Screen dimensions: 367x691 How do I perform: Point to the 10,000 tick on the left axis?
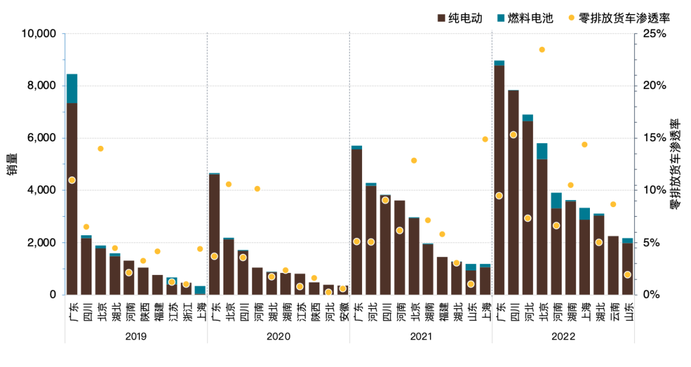point(38,33)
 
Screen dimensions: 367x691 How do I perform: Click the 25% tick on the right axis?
point(654,33)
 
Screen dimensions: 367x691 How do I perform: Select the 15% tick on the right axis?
point(654,138)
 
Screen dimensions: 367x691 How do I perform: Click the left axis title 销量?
point(12,164)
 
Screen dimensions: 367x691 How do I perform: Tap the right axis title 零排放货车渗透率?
point(674,164)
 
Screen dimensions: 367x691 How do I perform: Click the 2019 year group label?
point(136,337)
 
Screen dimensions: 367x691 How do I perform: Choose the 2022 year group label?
point(563,337)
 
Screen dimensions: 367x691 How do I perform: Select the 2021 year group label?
point(420,337)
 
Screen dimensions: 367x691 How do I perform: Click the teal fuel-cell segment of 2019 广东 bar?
point(72,88)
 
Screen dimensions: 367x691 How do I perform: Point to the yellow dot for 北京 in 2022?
point(542,49)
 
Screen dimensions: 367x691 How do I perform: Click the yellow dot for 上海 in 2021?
point(485,139)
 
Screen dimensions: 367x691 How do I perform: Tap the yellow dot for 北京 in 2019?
point(100,148)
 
